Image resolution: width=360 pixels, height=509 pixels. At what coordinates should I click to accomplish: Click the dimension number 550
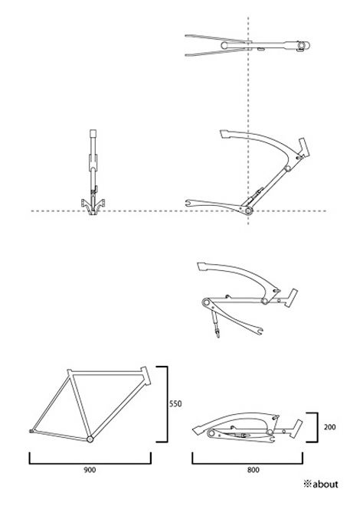click(x=175, y=404)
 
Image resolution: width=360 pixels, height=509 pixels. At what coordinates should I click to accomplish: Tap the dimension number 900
click(x=90, y=470)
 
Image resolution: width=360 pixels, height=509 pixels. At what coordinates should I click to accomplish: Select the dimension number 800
click(x=253, y=470)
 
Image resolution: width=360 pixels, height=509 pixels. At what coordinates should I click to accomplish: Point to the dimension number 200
click(x=329, y=427)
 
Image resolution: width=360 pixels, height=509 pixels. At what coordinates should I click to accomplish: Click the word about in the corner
click(x=326, y=485)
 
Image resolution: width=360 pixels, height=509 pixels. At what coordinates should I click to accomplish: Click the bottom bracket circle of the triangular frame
click(x=90, y=439)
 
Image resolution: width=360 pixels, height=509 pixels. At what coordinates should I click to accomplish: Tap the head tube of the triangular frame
click(x=145, y=376)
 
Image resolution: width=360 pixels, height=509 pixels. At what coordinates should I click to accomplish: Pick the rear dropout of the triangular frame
click(x=31, y=431)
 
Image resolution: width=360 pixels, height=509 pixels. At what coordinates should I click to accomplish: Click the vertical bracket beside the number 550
click(x=167, y=404)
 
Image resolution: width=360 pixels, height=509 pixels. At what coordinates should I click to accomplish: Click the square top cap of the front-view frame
click(x=93, y=133)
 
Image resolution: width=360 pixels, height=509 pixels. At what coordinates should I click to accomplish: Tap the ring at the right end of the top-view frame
click(x=303, y=45)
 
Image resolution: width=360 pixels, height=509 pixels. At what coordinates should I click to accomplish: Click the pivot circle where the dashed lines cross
click(x=249, y=211)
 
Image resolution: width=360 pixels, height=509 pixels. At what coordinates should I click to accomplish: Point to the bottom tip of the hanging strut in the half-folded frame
click(x=218, y=336)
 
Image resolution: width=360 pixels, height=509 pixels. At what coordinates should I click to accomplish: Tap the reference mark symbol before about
click(x=307, y=485)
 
